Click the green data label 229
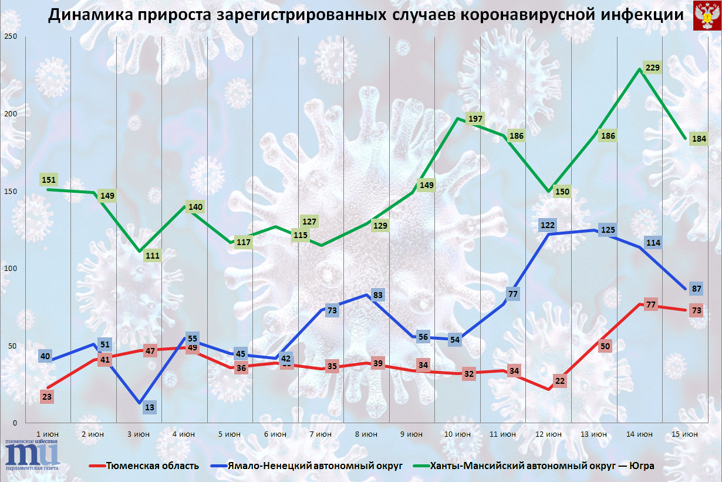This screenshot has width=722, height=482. [653, 68]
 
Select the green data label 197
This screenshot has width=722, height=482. [475, 119]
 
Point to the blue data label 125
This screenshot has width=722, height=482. [608, 229]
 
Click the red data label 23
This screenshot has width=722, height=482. [47, 396]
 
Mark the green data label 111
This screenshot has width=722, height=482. [153, 256]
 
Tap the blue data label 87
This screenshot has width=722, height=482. [697, 289]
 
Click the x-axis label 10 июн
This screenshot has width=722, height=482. [458, 434]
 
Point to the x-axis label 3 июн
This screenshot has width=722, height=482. [139, 434]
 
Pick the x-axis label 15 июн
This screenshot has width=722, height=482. [684, 434]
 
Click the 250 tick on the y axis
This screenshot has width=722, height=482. [11, 37]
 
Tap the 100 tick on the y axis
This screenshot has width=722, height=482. [11, 269]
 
